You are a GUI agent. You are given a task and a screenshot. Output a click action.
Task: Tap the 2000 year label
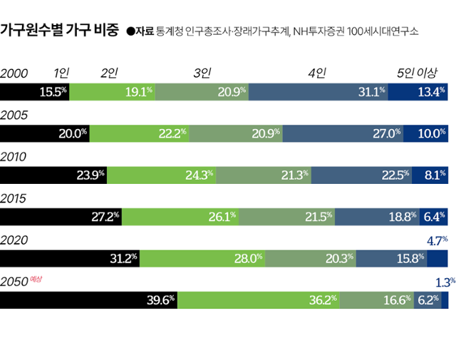tap(15, 73)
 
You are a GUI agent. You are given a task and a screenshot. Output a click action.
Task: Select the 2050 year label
tap(15, 282)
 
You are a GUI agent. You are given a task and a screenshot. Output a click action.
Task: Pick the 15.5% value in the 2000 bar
tap(53, 91)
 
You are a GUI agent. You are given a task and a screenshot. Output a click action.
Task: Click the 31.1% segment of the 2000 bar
tap(319, 91)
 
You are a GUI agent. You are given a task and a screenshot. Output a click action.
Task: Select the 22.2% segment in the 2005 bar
tap(140, 133)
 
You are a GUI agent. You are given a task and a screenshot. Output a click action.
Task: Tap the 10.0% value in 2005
tap(432, 133)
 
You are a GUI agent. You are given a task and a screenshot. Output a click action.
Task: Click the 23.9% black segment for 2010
tap(53, 174)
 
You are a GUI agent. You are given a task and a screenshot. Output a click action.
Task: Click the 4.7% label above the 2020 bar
tap(436, 241)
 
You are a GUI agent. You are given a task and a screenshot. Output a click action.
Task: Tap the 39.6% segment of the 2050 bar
tap(88, 299)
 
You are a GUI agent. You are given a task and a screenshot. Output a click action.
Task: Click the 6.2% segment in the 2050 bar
tap(427, 299)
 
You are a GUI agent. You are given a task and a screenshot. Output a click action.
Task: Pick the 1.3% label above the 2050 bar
tap(445, 282)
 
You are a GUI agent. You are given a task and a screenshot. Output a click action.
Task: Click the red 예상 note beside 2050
tap(37, 280)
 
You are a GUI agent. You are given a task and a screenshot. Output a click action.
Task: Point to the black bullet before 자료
tap(130, 31)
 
